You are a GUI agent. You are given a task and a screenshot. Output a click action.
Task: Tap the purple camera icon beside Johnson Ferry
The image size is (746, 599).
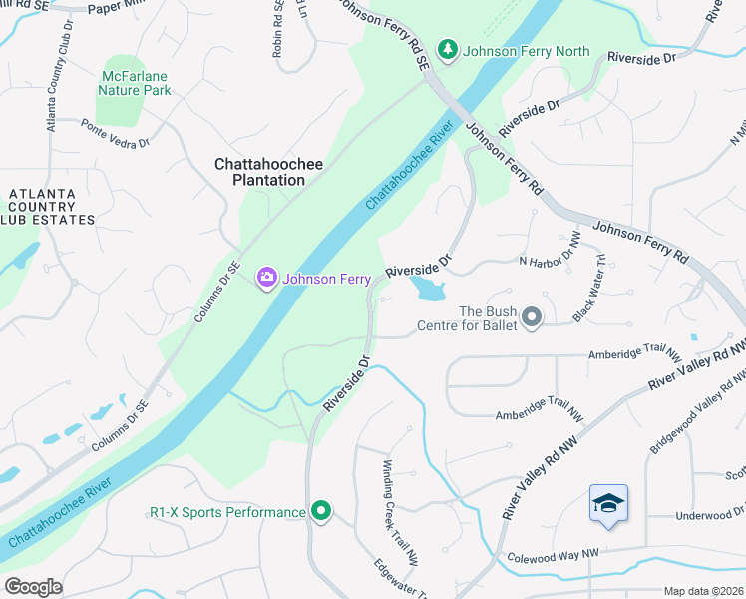point(266,278)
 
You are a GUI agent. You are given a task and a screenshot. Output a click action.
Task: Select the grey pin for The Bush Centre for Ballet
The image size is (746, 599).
point(532,317)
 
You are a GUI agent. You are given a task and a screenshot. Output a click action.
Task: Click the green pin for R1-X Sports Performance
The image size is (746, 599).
point(320,512)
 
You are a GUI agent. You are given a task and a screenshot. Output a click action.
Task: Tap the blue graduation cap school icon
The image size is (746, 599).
point(607,503)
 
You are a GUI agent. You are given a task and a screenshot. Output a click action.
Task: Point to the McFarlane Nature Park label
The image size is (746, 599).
point(135,82)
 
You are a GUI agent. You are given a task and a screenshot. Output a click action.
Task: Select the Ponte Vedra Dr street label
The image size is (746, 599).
point(115,133)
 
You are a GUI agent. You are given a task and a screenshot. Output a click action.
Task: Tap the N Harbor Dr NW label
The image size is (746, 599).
point(550,250)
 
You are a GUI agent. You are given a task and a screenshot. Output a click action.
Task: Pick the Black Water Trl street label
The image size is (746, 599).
point(589,289)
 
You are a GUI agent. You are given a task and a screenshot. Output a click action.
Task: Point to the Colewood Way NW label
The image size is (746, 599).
point(553,555)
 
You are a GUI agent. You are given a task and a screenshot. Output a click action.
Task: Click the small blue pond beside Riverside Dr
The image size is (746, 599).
point(428,291)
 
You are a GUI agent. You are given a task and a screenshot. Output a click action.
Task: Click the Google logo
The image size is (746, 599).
point(33,586)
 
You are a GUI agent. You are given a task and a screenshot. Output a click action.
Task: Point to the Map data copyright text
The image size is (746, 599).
point(703,591)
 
